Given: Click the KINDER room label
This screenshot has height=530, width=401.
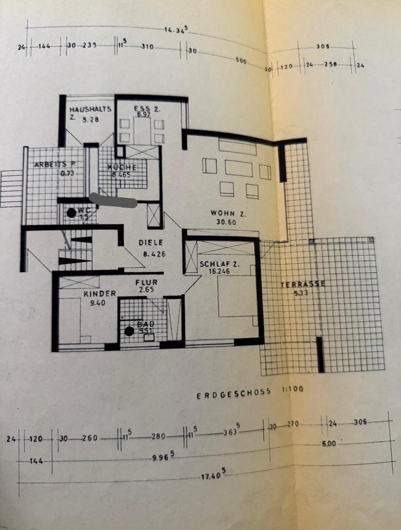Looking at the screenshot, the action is point(99,294).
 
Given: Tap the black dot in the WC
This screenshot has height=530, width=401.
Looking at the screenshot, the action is point(71,212).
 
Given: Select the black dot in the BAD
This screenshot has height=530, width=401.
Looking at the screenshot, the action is point(129,331).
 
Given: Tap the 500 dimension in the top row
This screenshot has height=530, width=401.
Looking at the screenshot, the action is point(241,60).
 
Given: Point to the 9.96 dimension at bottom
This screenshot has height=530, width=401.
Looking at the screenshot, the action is point(165,454).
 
